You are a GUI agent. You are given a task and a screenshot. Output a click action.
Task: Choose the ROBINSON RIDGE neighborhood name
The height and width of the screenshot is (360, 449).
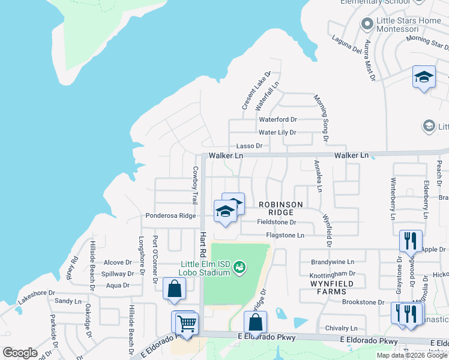point(276,208)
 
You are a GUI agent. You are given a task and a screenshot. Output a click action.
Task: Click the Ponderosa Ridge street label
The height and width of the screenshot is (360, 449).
point(170,215)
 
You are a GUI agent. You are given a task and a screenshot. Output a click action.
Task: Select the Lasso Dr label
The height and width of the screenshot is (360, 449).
point(249,146)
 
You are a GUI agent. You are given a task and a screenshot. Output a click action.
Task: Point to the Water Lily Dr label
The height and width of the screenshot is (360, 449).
point(277,133)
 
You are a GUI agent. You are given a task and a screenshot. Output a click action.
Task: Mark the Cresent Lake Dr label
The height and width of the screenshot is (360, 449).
point(257,91)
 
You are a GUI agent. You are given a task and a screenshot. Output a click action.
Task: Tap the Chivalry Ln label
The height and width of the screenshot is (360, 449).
point(340,328)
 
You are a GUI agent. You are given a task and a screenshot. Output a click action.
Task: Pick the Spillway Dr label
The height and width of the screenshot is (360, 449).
point(118,274)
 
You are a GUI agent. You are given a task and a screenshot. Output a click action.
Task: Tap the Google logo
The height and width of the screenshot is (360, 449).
point(20,353)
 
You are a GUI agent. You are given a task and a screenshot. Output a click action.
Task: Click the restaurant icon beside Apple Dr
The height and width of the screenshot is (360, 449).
point(411,241)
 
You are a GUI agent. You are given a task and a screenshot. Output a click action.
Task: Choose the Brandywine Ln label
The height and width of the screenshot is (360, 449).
point(333,262)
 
